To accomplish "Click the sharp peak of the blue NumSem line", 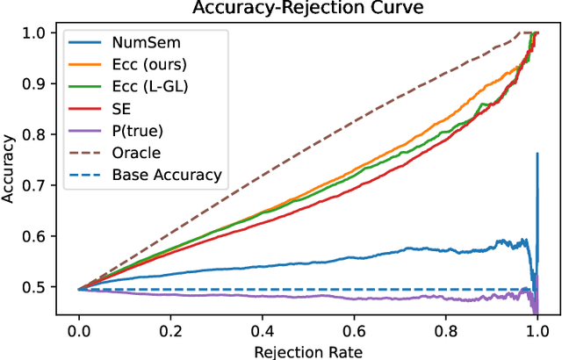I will [537, 155].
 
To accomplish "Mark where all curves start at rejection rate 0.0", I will [79, 288].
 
